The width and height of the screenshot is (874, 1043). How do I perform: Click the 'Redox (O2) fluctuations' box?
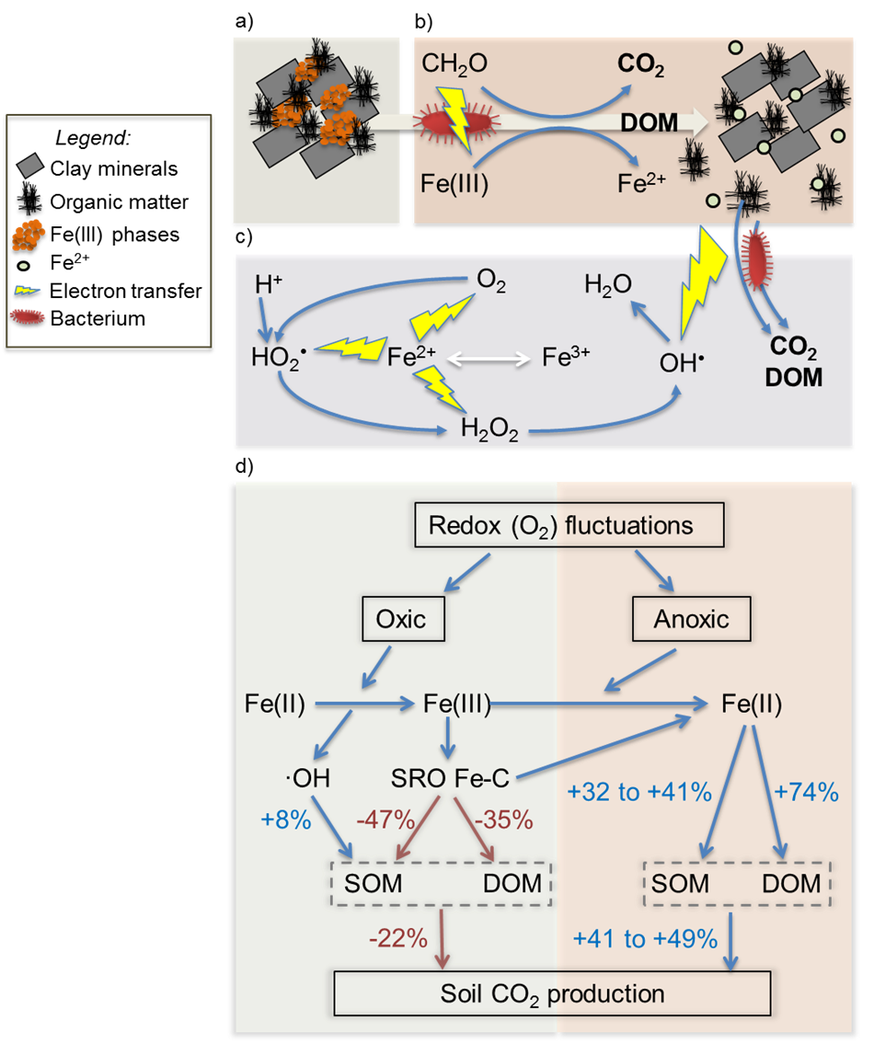click(560, 526)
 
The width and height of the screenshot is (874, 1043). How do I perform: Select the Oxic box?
click(401, 619)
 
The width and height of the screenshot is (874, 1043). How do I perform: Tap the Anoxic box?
click(691, 619)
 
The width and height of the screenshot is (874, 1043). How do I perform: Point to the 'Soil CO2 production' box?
click(552, 993)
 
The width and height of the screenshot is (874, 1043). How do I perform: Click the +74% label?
click(807, 790)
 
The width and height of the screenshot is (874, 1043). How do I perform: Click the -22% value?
click(397, 938)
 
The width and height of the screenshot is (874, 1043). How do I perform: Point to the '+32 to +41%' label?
click(640, 790)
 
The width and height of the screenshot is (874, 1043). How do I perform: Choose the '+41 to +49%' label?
click(644, 938)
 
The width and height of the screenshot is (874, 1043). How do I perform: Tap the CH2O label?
click(454, 63)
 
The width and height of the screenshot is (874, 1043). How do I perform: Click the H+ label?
click(268, 284)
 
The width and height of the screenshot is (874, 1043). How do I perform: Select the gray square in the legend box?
click(30, 165)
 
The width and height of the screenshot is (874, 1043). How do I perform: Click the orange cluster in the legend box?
click(29, 235)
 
